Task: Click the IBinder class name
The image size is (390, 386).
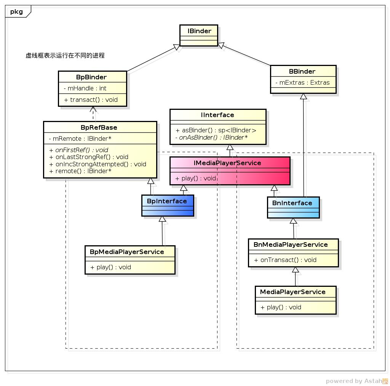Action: (x=199, y=31)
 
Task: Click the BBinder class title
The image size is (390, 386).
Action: (x=302, y=71)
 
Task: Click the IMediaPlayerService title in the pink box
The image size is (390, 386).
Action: (x=227, y=163)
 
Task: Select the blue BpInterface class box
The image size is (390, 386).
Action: (x=167, y=206)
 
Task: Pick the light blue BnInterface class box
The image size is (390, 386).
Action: (x=293, y=207)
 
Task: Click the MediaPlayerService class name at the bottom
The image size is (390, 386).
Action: (x=292, y=292)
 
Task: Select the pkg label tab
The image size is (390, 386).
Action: (x=16, y=11)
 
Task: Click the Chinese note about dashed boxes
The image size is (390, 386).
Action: (x=65, y=56)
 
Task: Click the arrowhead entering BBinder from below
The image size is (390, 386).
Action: (x=303, y=96)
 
